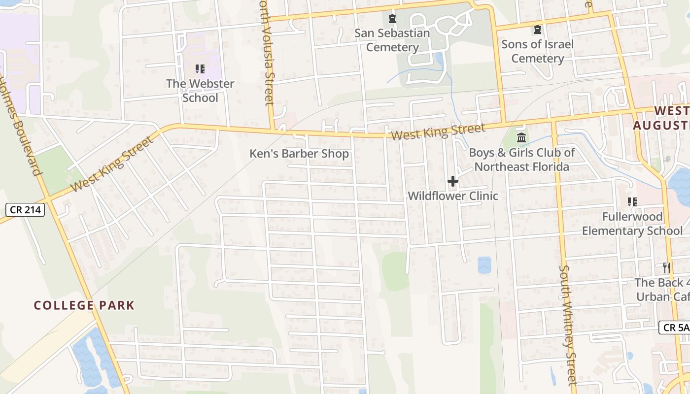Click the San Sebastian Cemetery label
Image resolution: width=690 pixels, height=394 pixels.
point(392,40)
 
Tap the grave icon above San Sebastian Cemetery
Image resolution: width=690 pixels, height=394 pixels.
point(392,19)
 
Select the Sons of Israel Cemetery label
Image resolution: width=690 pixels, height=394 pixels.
point(537,51)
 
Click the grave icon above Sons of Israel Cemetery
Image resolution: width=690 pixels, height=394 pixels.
point(537,30)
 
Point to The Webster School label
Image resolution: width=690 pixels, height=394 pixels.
point(200,91)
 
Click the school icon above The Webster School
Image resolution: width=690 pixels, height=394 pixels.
point(200,69)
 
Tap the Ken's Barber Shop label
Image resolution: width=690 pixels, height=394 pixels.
point(299,154)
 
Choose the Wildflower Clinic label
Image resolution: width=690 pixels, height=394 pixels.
point(452,196)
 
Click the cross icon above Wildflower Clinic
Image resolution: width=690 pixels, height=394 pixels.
point(452,182)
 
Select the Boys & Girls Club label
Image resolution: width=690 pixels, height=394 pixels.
point(521,160)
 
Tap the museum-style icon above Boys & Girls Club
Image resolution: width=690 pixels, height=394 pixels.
point(521,137)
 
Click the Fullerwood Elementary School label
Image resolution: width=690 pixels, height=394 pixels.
point(632,224)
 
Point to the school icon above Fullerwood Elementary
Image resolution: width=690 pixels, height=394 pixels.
point(632,201)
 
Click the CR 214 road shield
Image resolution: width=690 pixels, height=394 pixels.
point(26,210)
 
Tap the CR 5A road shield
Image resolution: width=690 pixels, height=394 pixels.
point(674,327)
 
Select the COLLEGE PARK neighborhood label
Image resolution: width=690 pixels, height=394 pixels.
point(84,305)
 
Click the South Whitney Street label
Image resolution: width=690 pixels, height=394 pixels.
point(568,325)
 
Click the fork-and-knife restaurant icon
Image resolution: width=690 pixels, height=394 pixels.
point(666,268)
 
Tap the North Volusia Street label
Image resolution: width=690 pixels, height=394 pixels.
point(267,59)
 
